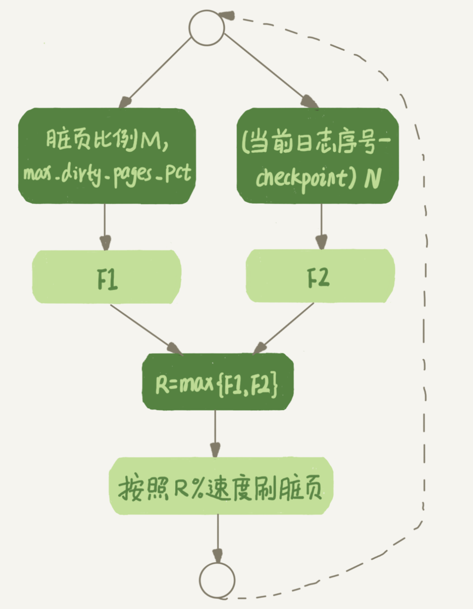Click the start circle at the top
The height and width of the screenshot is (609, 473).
point(207,27)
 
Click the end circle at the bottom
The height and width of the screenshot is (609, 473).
point(217,580)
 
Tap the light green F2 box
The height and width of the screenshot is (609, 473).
point(320,276)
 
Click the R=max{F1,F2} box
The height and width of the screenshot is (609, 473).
point(217,382)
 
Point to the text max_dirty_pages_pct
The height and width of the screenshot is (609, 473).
point(107,174)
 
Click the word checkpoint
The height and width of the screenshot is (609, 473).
point(302,178)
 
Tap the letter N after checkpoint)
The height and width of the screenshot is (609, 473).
point(373,178)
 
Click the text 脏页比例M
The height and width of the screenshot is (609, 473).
point(107,139)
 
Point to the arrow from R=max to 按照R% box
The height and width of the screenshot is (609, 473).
point(215,434)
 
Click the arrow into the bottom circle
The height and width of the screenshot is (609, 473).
point(217,538)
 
